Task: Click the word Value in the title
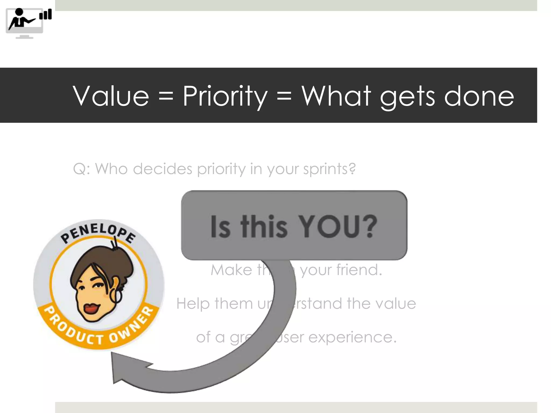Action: (111, 96)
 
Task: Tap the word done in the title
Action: (479, 96)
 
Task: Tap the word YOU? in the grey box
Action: (338, 226)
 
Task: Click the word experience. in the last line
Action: (352, 337)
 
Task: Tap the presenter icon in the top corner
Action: (24, 23)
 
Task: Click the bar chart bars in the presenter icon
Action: (46, 15)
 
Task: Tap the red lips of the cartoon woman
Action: (92, 308)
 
